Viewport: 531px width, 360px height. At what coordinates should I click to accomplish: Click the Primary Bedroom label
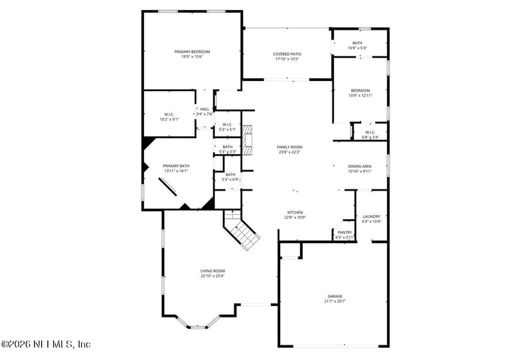pos(192,52)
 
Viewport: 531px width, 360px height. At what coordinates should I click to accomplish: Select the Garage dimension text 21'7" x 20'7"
pos(335,301)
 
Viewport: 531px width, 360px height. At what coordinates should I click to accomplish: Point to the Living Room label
pos(213,270)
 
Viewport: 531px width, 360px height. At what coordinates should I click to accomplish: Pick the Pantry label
pos(345,232)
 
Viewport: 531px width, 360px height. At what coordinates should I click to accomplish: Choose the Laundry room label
pos(372,217)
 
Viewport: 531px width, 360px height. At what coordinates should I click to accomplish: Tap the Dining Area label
pos(360,166)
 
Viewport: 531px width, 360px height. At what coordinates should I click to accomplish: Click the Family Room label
pos(289,147)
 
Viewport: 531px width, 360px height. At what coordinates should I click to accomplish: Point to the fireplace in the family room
pos(248,141)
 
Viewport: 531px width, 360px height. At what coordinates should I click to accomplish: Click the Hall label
pos(204,109)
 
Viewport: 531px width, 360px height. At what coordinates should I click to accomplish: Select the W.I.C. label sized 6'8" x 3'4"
pos(370,132)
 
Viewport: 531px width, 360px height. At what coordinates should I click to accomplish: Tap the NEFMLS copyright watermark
pos(46,343)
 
